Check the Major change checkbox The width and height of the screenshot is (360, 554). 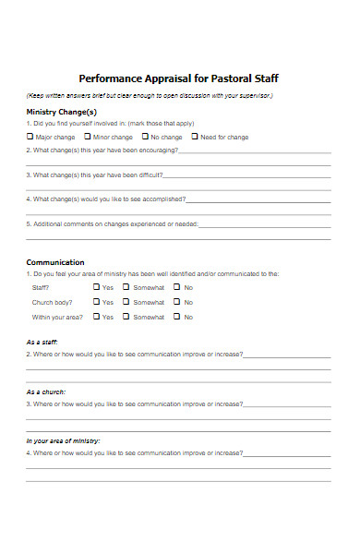pos(30,137)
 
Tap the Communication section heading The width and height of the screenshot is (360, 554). pos(55,262)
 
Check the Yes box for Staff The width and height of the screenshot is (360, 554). pos(96,287)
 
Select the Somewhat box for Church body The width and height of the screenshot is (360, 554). pos(127,302)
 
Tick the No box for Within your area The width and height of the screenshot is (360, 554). pos(178,317)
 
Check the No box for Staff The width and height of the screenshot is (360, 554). pos(178,287)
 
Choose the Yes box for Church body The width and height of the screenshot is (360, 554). pos(96,302)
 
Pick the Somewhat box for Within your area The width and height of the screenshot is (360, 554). pos(127,317)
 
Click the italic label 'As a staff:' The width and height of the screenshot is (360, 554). pos(42,342)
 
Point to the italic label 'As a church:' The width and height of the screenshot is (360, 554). pos(45,391)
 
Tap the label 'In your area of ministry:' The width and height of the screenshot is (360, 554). pos(63,440)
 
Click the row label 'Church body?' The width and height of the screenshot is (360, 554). pos(52,302)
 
